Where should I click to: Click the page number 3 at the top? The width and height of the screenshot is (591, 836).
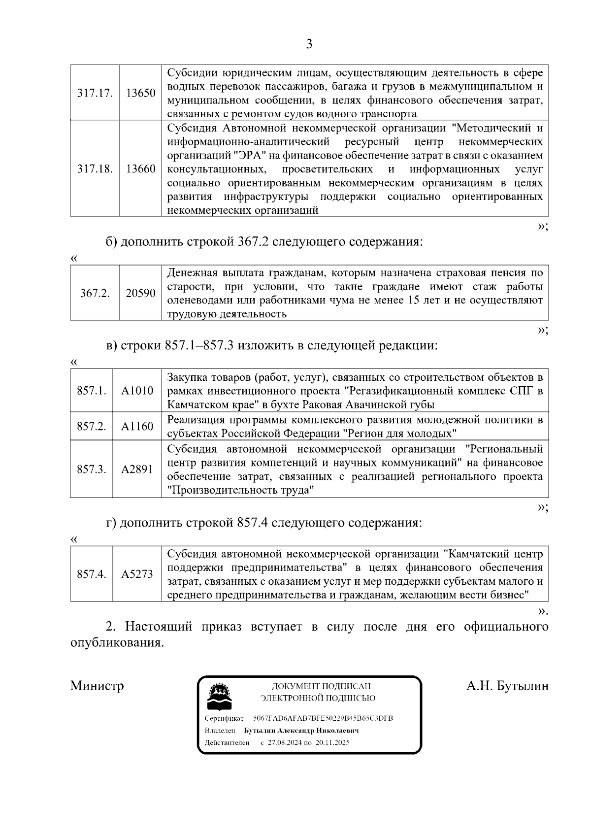pos(309,44)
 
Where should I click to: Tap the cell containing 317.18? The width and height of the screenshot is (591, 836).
pos(95,169)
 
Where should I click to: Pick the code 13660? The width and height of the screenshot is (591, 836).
pos(140,169)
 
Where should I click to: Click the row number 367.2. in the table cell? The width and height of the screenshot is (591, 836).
pos(95,294)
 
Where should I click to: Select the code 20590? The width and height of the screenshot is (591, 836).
pos(140,294)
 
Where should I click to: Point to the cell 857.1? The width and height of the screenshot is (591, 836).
pos(92,391)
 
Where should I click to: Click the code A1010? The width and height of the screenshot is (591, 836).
pos(137,391)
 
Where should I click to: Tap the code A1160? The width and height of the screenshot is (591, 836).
pos(137,427)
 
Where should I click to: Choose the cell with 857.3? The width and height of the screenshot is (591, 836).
pos(92,469)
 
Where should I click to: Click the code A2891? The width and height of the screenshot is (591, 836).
pos(137,469)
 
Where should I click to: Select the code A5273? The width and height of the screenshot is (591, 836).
pos(137,574)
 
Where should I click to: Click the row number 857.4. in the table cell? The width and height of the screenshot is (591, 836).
pos(92,574)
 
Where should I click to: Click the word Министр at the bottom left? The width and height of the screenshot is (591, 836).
pos(97,686)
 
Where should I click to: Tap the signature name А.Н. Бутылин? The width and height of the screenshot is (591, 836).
pos(507,686)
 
